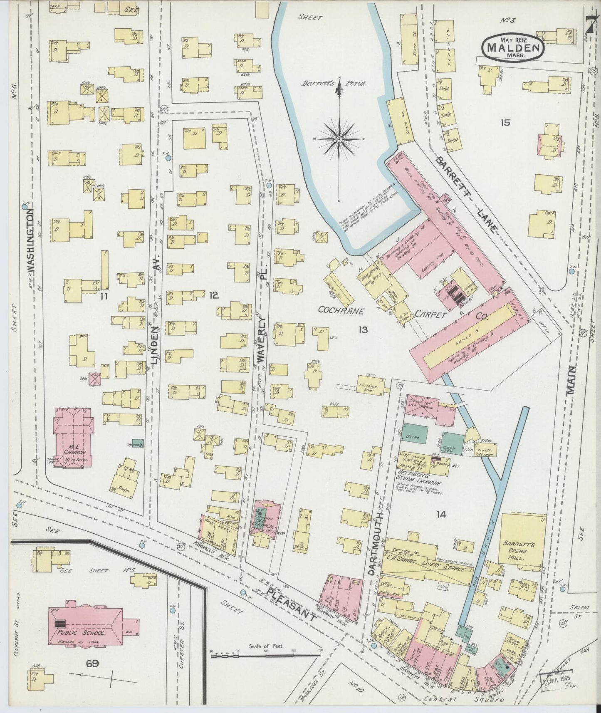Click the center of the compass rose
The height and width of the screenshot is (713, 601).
339,138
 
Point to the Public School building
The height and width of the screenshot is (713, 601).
85,623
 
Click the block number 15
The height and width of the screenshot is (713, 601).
505,123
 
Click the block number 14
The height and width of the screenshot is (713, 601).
441,515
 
